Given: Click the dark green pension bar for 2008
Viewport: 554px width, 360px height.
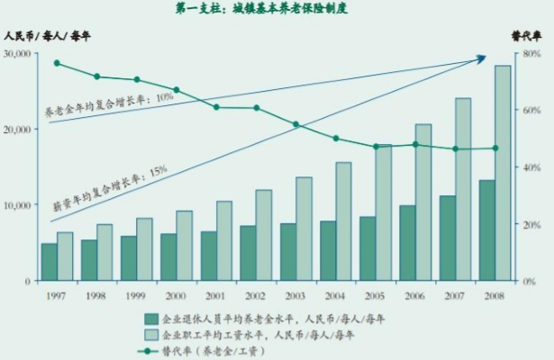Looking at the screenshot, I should (486, 230).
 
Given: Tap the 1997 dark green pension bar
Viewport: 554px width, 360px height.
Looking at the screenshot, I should (49, 262).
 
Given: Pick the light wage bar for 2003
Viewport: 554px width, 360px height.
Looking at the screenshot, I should (305, 229).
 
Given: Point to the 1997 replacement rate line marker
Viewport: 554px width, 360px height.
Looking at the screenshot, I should (57, 63).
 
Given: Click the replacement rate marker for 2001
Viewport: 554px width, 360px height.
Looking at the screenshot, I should (216, 107).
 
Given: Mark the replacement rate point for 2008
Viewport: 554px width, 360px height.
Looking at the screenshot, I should (495, 148).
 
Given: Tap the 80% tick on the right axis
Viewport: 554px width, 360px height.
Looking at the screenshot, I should (531, 54).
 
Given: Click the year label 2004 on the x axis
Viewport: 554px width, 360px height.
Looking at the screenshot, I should (335, 294).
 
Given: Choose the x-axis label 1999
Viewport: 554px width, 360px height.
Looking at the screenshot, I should (136, 294).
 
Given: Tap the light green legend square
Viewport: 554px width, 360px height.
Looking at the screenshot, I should (151, 333).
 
